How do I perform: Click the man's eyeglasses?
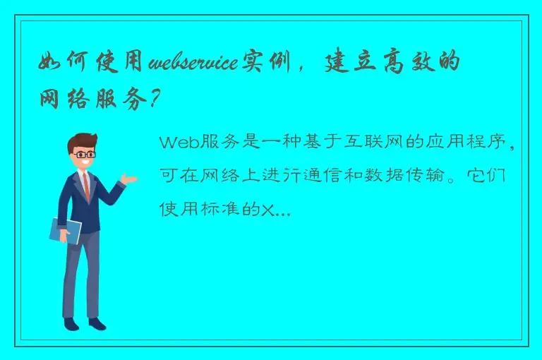click(x=85, y=153)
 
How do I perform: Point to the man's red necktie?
click(x=86, y=186)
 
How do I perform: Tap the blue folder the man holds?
click(x=65, y=229)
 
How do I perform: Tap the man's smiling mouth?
click(x=86, y=163)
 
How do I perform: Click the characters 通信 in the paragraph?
click(x=311, y=176)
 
